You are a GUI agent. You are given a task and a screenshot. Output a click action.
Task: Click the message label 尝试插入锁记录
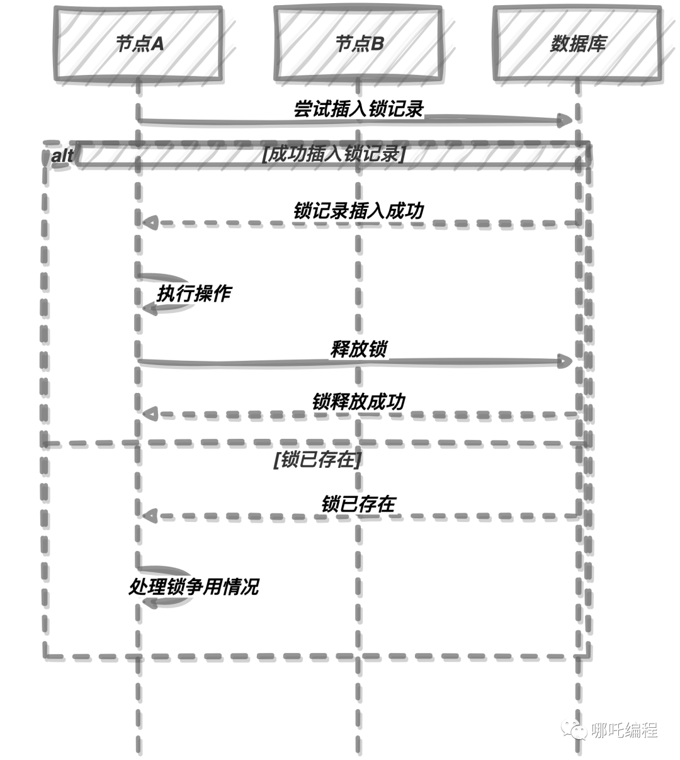click(358, 109)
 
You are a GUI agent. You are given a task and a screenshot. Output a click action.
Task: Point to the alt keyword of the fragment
click(62, 156)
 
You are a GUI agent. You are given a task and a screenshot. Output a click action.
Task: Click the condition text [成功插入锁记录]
click(334, 154)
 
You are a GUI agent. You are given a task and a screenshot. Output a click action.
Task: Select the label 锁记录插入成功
click(358, 211)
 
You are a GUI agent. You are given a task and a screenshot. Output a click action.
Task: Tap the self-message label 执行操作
click(194, 293)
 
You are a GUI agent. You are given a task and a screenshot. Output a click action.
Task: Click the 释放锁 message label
click(358, 349)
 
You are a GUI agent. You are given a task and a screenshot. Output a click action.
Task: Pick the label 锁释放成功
click(358, 402)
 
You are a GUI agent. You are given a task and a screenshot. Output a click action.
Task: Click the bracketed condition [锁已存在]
click(317, 460)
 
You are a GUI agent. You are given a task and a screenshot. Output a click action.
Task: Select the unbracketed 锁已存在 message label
click(358, 504)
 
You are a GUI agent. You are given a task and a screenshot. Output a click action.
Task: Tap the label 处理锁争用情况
click(194, 586)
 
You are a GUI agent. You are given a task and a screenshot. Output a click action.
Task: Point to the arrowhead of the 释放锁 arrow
click(565, 361)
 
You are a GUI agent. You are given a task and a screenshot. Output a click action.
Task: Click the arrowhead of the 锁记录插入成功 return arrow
click(150, 223)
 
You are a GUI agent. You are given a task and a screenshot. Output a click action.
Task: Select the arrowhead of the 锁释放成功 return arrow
click(150, 414)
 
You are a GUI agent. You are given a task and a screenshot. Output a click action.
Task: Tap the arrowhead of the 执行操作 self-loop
click(150, 309)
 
